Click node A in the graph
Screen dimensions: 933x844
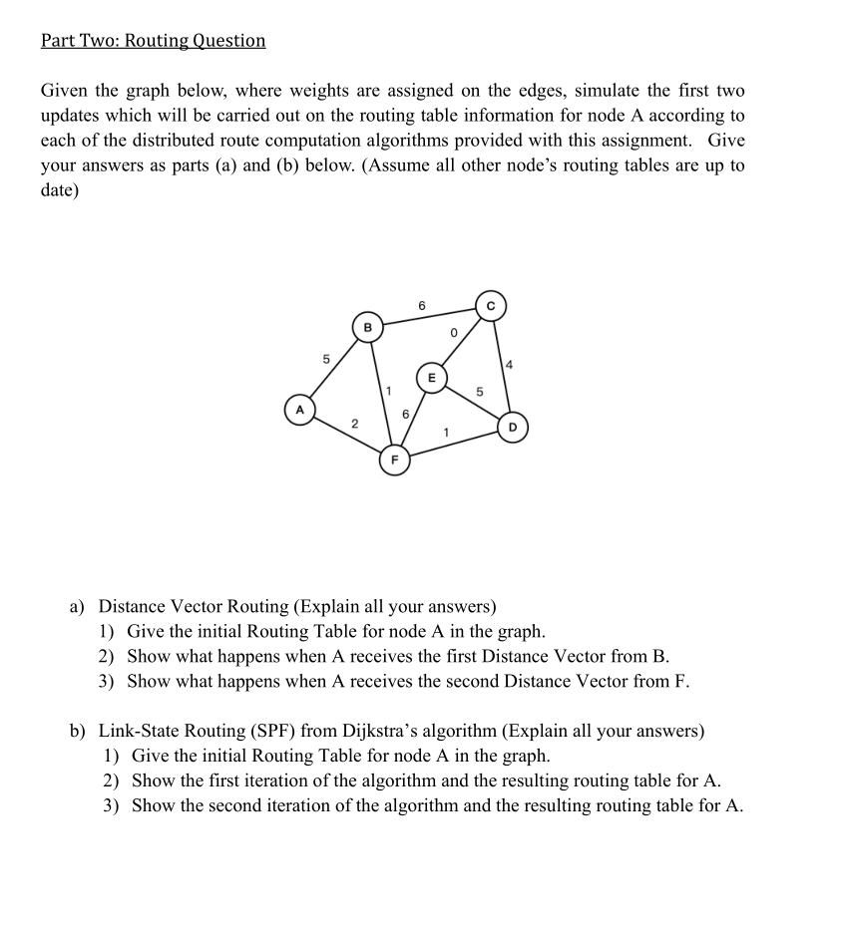(298, 409)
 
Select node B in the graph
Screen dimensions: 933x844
(367, 326)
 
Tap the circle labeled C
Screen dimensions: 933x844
(491, 305)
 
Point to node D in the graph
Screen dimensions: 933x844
(513, 428)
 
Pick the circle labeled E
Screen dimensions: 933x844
(431, 378)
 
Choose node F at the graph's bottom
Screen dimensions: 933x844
(393, 461)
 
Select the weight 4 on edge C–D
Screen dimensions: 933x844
(510, 367)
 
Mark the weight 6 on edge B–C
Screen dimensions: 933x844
(422, 303)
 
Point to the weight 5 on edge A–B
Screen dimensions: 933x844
(323, 358)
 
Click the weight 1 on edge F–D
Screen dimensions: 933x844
(448, 432)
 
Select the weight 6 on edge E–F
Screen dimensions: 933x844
(405, 412)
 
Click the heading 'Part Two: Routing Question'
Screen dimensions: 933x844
(154, 41)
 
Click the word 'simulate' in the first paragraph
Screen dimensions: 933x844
(539, 91)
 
